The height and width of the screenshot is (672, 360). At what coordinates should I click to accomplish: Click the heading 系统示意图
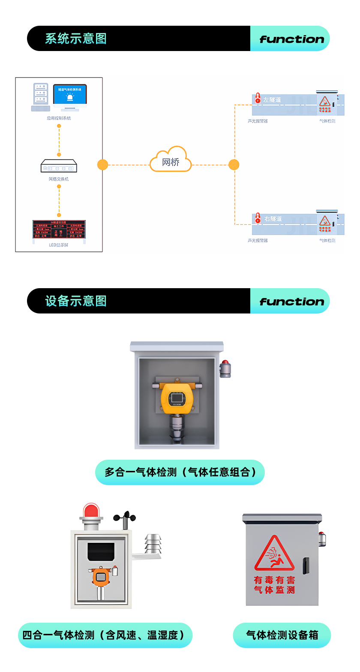75,39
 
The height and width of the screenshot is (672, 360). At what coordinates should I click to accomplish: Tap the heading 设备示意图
75,301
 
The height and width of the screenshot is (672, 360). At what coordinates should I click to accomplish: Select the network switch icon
59,166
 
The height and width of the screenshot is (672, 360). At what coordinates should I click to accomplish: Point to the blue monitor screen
70,94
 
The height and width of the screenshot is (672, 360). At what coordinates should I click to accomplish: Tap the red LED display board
59,229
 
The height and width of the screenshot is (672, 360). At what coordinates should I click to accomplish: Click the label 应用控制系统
59,118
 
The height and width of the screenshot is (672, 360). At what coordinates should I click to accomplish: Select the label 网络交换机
59,179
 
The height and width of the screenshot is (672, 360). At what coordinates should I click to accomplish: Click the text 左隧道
272,100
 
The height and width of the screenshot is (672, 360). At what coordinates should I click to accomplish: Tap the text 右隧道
273,219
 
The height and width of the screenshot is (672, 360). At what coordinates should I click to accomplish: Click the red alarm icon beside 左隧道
258,98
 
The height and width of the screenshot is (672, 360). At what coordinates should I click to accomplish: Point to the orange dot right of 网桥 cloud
234,165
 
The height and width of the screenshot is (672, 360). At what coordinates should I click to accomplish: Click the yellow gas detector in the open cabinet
177,398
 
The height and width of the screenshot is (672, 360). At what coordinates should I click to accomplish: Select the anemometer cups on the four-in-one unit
125,516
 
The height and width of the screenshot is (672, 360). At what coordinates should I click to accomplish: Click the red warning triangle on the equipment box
274,553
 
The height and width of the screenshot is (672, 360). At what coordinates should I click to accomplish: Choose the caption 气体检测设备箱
282,635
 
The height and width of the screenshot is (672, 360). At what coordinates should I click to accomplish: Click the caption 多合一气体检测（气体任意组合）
180,472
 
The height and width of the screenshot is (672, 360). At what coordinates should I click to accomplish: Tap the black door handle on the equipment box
306,566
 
